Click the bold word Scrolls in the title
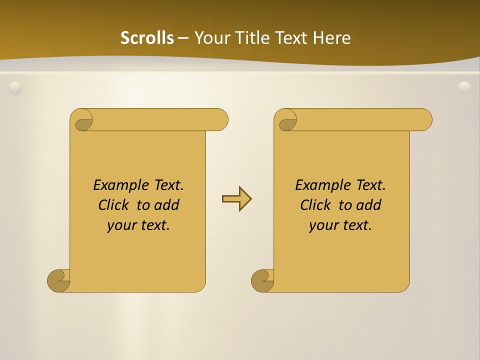(x=147, y=38)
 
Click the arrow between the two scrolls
(x=236, y=199)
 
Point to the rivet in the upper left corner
(x=15, y=88)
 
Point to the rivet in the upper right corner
(x=464, y=88)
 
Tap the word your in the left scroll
(x=120, y=225)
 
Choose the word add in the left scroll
(x=167, y=205)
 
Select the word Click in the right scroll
(x=315, y=205)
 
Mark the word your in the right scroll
(x=322, y=225)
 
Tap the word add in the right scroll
(x=369, y=205)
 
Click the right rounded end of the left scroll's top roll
(x=220, y=119)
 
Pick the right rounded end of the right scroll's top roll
(x=424, y=119)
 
